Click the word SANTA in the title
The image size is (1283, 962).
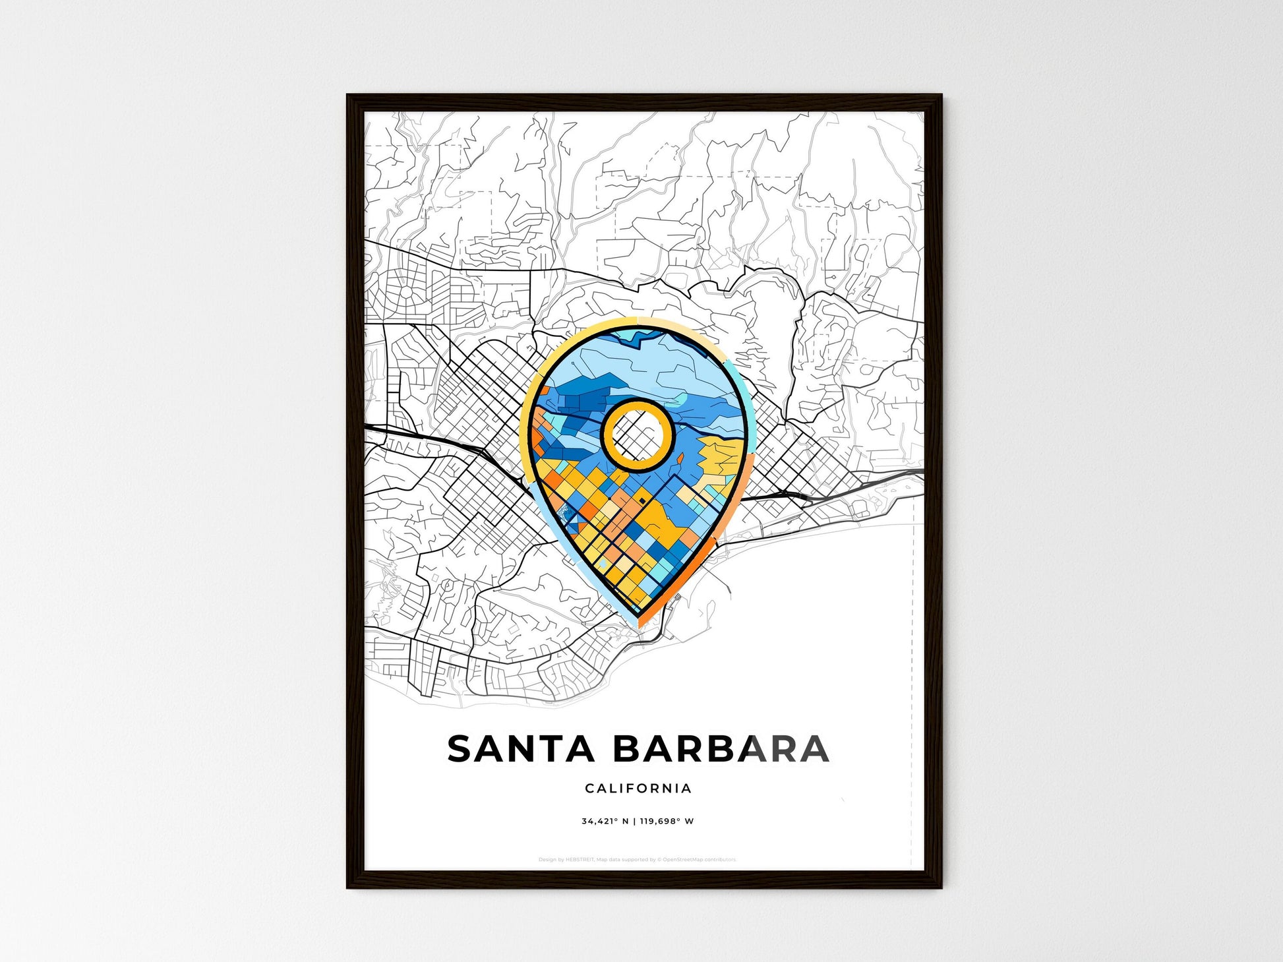pos(521,749)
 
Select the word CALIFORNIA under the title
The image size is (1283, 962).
pos(638,789)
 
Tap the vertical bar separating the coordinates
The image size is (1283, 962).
pos(634,822)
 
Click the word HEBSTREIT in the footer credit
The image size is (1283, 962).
pos(580,860)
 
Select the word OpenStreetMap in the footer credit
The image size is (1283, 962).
pos(682,860)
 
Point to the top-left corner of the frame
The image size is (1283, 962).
pos(347,96)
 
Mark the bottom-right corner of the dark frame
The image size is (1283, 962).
pos(941,887)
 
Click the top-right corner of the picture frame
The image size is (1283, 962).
pos(941,96)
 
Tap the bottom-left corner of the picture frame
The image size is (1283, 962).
pos(347,887)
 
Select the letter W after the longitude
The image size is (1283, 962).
pos(690,822)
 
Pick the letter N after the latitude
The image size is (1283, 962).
pos(624,822)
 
